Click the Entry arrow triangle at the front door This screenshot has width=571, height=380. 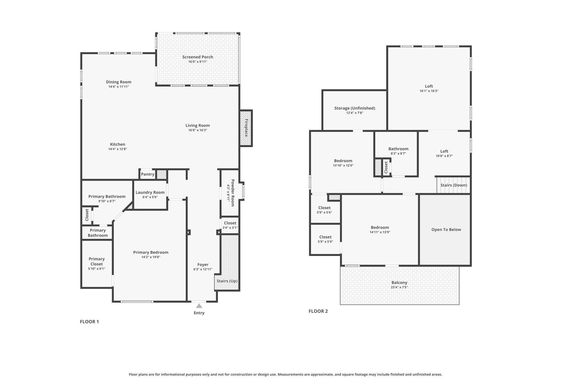tap(199, 306)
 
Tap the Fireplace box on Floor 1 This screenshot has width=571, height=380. tap(246, 128)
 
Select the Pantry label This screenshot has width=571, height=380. tap(148, 174)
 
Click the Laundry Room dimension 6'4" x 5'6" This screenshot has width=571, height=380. tap(150, 197)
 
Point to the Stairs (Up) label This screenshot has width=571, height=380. tap(227, 281)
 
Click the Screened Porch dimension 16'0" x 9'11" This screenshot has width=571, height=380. tap(197, 62)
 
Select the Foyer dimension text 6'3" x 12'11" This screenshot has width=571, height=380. tap(203, 270)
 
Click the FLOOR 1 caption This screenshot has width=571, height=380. tap(89, 322)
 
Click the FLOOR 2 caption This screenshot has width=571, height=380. tap(318, 311)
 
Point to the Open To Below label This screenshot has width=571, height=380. tap(446, 229)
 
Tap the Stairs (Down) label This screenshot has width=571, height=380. tap(454, 185)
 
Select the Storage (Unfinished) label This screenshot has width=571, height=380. tap(354, 108)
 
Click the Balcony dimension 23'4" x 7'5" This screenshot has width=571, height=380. tap(399, 287)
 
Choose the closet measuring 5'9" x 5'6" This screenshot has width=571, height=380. tap(324, 210)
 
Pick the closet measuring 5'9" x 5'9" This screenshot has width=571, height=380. tap(325, 239)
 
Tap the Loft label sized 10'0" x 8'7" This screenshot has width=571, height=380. tap(444, 151)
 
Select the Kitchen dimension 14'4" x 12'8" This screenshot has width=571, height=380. tap(117, 149)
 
